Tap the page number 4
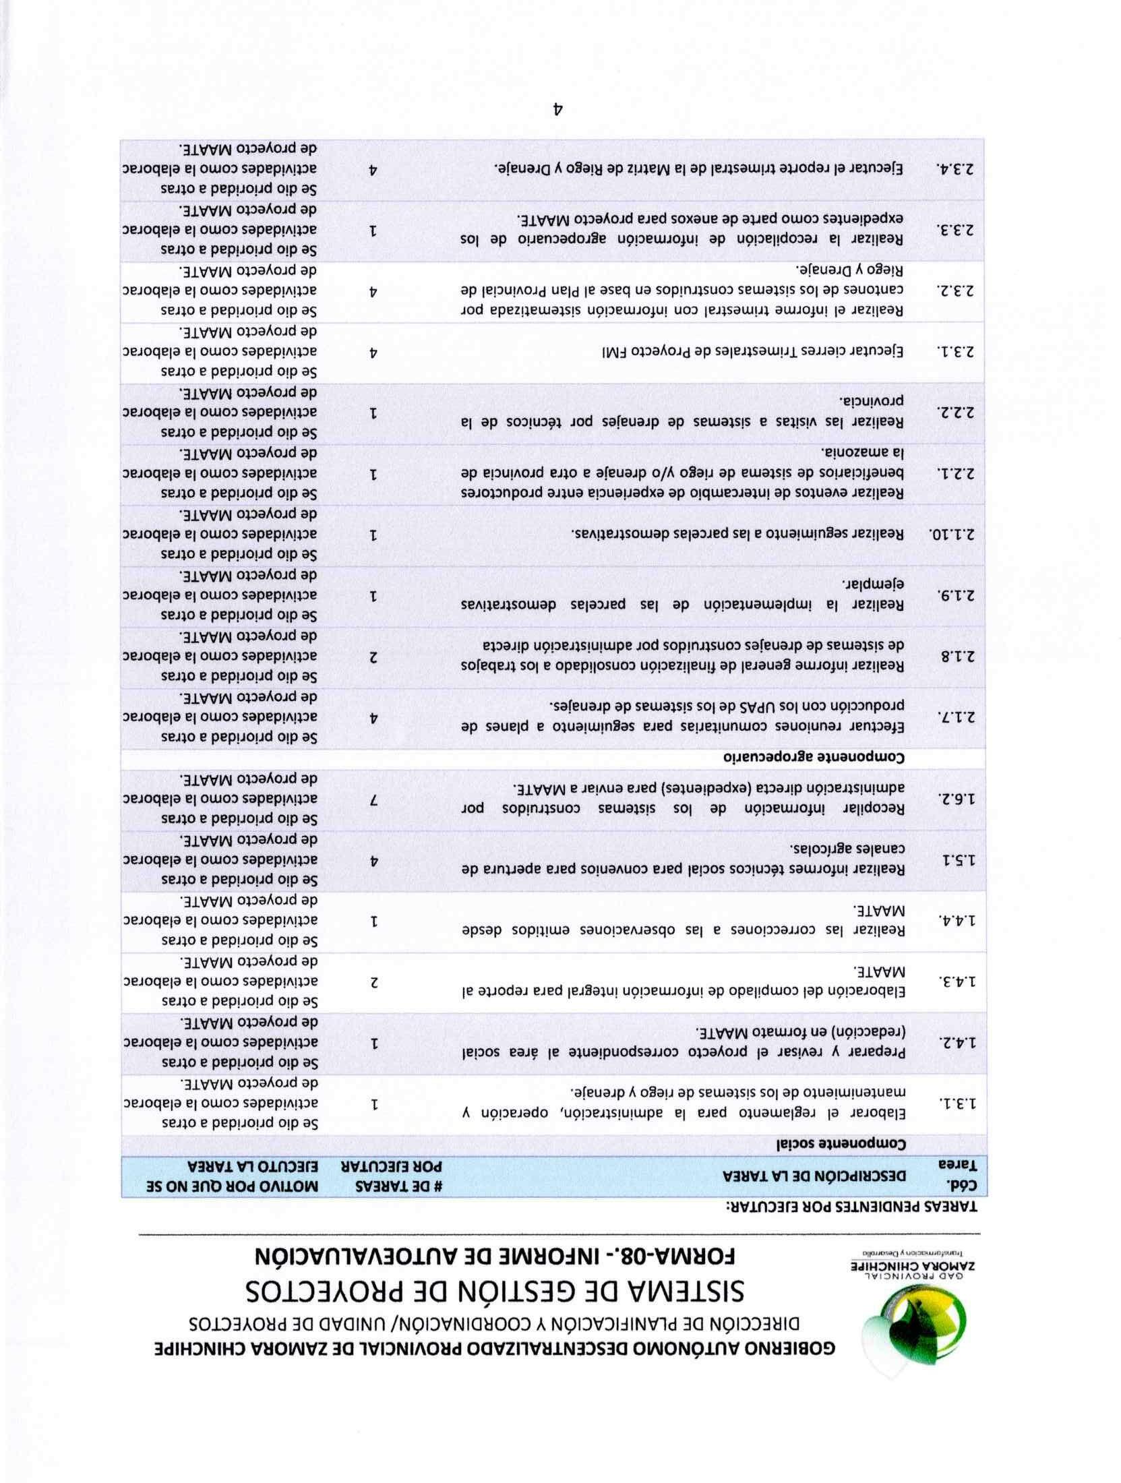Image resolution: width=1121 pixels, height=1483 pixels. [x=557, y=109]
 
